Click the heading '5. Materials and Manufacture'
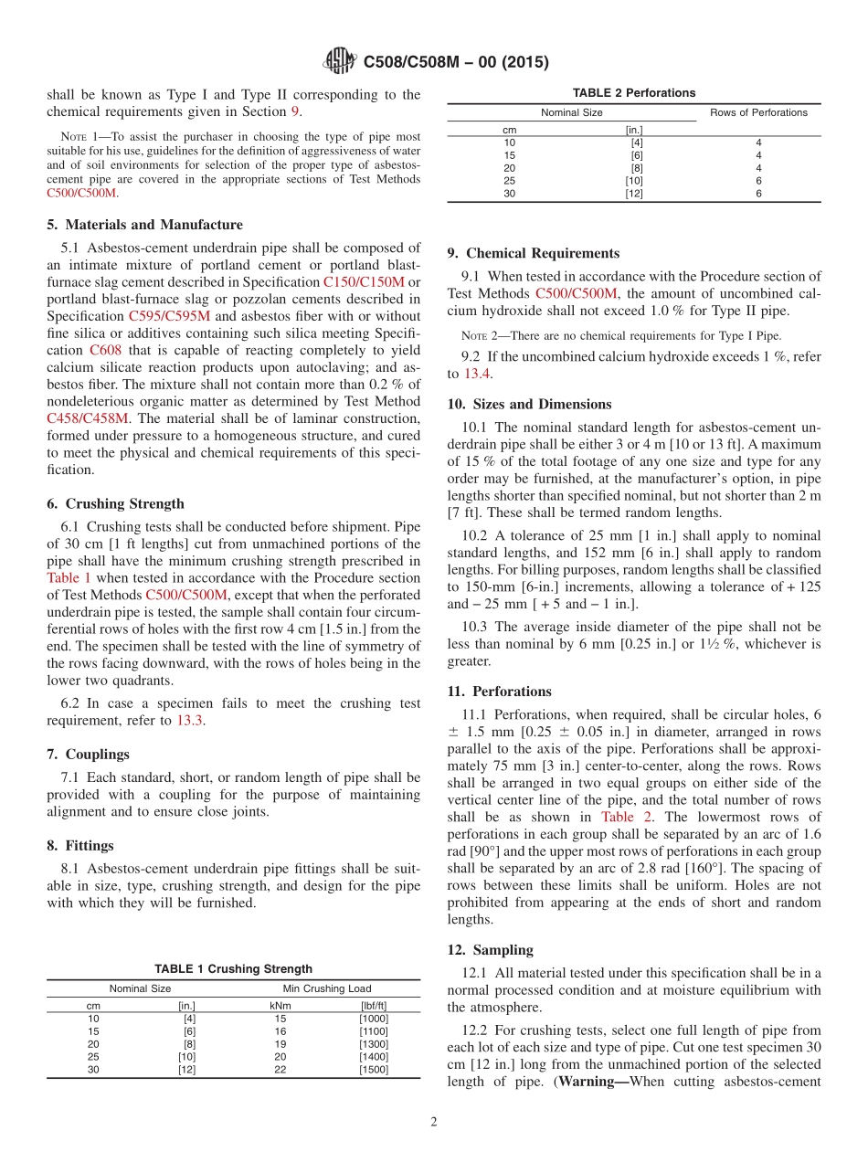[144, 225]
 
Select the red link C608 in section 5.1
[104, 350]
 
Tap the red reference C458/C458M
[88, 418]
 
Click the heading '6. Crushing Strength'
[115, 503]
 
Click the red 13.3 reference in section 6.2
[190, 721]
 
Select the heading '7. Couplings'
[88, 754]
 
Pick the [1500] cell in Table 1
[374, 1070]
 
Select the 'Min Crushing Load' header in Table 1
[326, 988]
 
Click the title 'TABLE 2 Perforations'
[633, 92]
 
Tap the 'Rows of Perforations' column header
[758, 112]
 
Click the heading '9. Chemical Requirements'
[533, 253]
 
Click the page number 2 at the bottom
[434, 1122]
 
